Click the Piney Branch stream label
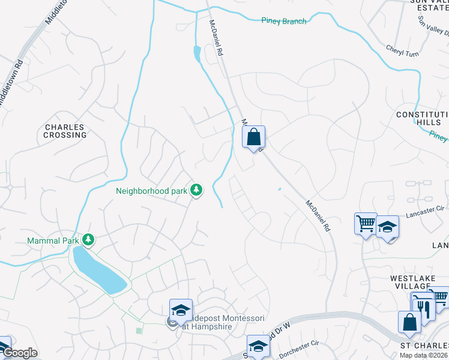point(284,21)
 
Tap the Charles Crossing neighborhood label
point(65,131)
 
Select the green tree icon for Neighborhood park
point(196,190)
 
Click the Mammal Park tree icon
point(89,240)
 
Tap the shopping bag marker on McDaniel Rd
point(254,137)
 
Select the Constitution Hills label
point(422,118)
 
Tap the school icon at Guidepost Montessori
point(181,310)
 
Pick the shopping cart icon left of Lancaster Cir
point(365,223)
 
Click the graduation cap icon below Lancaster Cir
point(388,227)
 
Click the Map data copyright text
point(424,355)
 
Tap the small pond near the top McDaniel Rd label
point(197,53)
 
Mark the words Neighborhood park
point(151,191)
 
